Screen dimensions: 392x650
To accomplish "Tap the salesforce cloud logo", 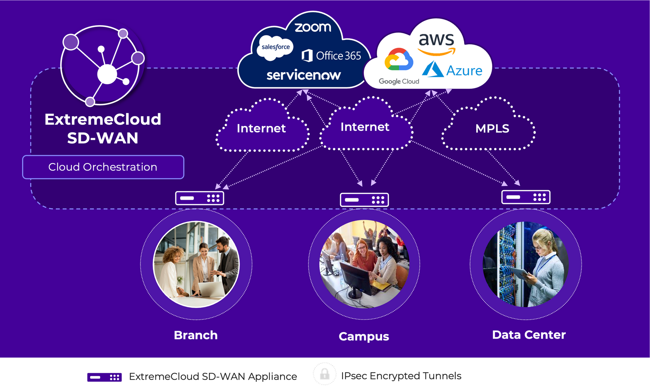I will (275, 47).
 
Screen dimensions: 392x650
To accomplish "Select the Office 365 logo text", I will (332, 56).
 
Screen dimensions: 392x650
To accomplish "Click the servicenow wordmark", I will (304, 75).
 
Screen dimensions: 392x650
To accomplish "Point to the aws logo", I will (437, 43).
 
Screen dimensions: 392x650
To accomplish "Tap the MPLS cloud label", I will (492, 128).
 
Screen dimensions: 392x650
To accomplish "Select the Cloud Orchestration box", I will (103, 167).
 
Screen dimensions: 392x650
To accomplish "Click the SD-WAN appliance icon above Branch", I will (200, 198).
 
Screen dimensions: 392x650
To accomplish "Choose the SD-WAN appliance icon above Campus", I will (364, 200).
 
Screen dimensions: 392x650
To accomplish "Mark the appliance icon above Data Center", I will (526, 197).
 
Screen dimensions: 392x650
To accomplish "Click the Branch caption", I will (196, 335).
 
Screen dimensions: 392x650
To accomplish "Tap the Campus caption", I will (364, 336).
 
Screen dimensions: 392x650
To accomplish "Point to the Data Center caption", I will (529, 335).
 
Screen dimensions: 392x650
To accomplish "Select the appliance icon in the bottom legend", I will (105, 377).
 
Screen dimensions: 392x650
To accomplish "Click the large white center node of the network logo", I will (107, 74).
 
